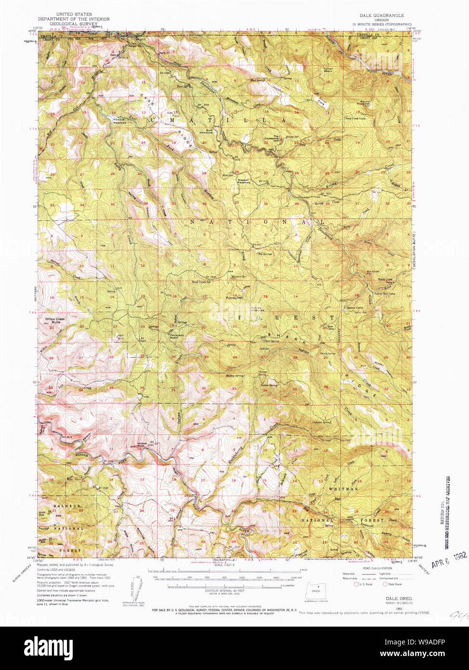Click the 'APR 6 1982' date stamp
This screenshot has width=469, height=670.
click(x=449, y=561)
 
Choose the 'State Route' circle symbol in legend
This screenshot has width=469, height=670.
click(x=385, y=584)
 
